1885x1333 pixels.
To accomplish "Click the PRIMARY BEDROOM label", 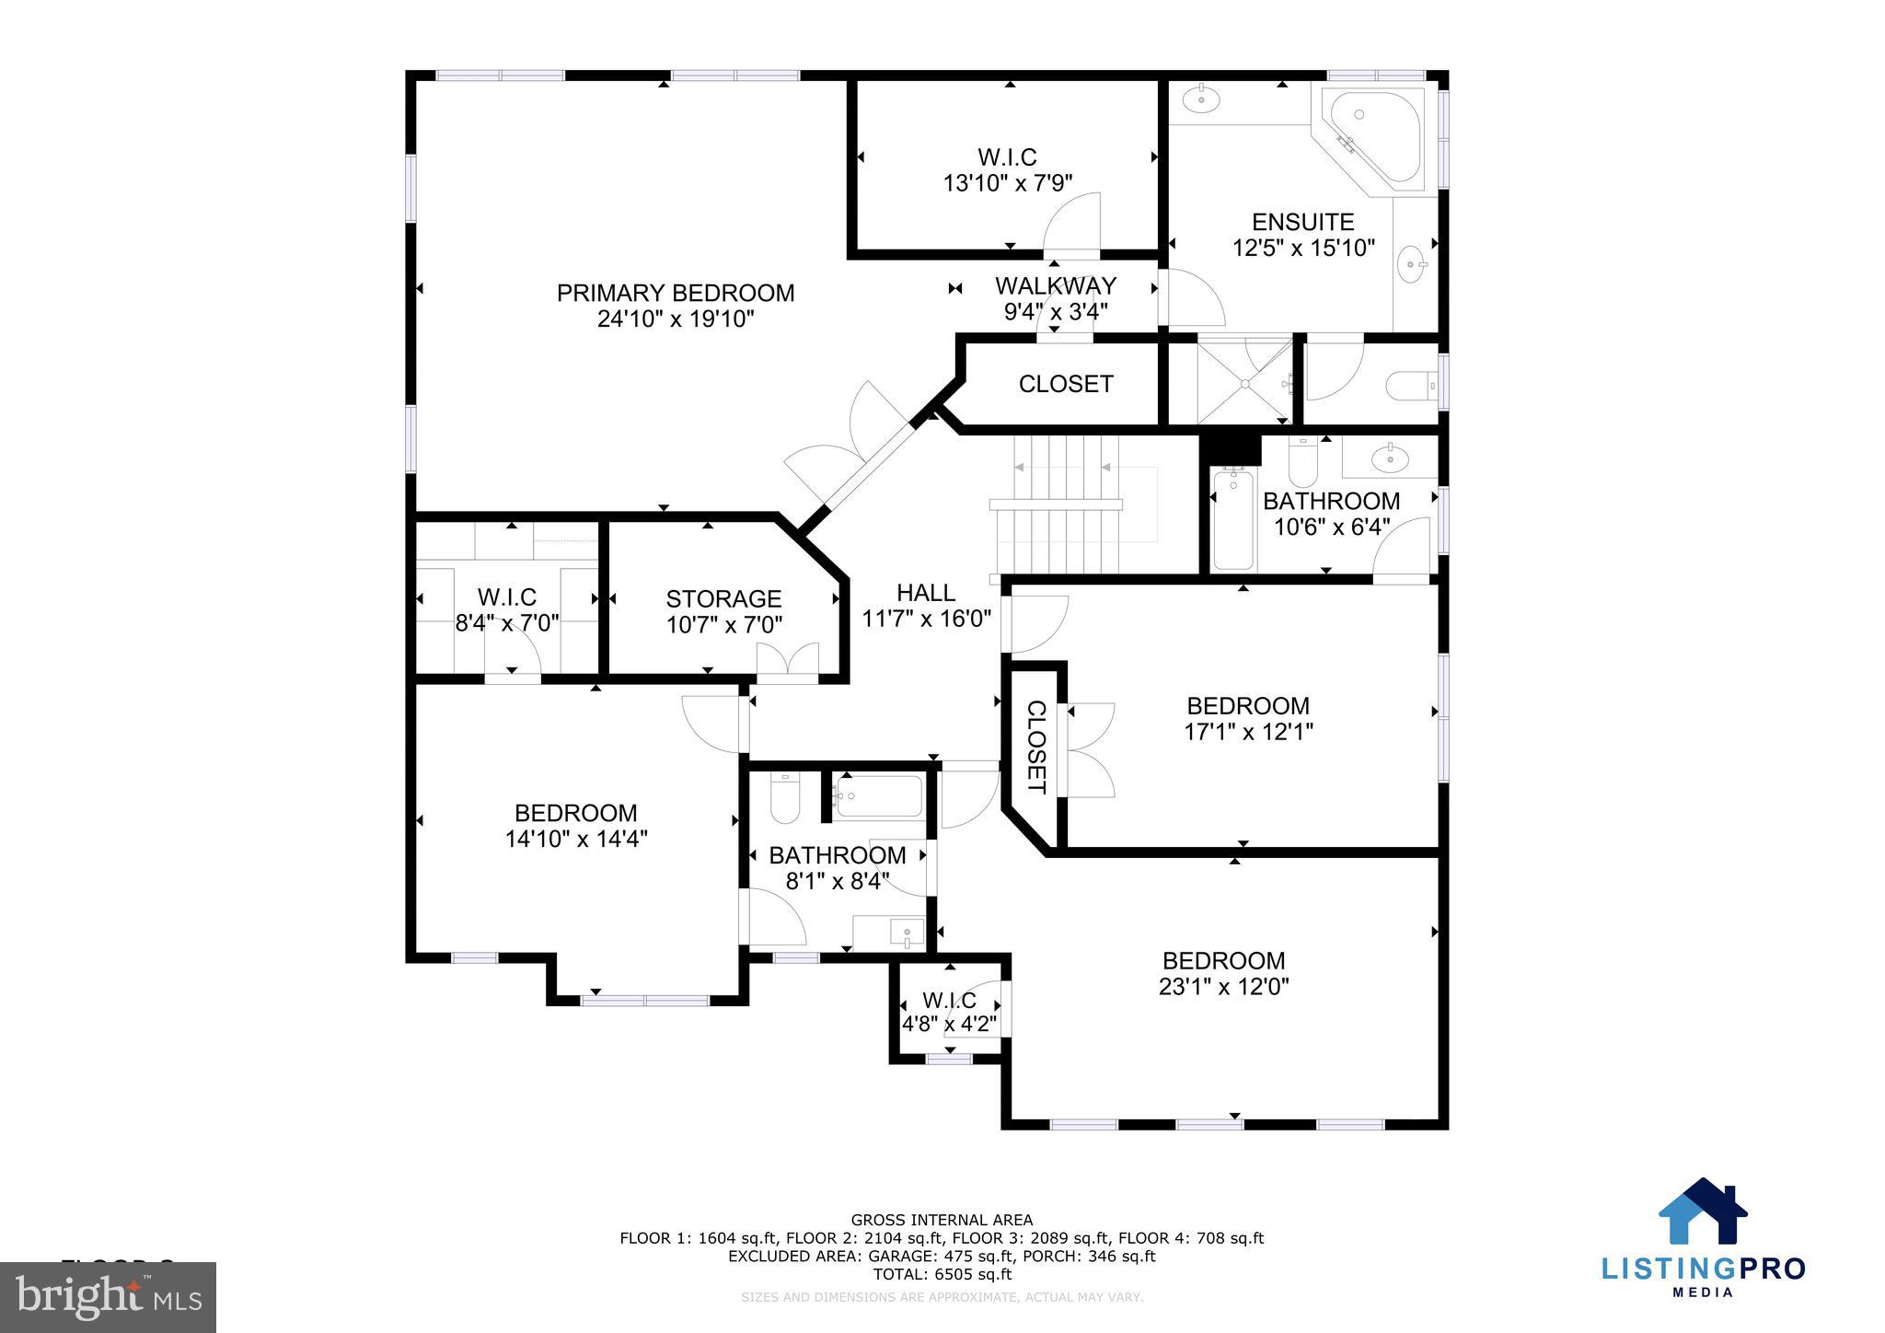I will point(675,293).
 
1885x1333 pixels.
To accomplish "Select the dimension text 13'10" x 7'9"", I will point(1008,183).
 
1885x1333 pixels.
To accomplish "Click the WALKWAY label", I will point(1055,285).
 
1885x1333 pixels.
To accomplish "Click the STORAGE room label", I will point(723,599).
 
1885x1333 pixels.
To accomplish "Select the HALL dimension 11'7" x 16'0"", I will point(926,619).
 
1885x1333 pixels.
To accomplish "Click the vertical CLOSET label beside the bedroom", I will point(1035,747).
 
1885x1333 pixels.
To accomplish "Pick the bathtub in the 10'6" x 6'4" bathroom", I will point(1232,520).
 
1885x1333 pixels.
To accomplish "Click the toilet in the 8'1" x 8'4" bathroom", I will point(785,799).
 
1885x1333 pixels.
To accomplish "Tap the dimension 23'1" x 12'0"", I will point(1223,987).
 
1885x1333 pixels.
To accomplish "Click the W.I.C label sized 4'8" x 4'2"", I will point(949,1000).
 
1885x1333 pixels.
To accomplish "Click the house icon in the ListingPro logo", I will point(1702,1212).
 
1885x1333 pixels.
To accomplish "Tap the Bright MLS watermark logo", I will point(108,1297).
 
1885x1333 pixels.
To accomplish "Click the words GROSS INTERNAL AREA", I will point(941,1220).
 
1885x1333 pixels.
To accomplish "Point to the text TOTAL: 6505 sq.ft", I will point(941,1274).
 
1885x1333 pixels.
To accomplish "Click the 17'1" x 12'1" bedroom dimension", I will point(1247,732).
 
